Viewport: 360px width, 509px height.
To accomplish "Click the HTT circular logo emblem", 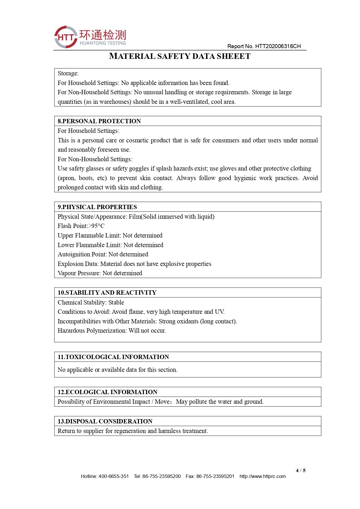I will click(x=66, y=37).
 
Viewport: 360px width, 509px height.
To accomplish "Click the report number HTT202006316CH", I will click(x=278, y=46).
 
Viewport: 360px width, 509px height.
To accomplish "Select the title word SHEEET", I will click(x=234, y=56).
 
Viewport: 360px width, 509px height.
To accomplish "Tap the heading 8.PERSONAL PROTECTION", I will click(x=99, y=121).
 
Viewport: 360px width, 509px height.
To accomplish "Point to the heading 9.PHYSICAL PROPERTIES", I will click(x=97, y=207).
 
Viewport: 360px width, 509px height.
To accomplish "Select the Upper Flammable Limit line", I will click(x=110, y=236).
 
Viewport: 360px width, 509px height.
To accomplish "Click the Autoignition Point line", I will click(x=103, y=254).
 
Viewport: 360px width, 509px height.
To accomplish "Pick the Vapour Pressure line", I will click(x=100, y=273).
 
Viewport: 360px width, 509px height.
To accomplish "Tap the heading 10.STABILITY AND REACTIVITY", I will click(x=107, y=293).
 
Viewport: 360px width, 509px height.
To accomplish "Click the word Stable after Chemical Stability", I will click(x=116, y=302).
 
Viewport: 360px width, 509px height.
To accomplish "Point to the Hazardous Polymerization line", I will click(x=112, y=331).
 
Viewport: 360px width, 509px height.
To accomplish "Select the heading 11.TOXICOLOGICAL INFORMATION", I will click(x=113, y=357).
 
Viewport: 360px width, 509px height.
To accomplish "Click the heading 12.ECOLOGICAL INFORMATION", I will click(x=107, y=392).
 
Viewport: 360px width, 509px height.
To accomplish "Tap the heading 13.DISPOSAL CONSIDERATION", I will click(x=105, y=421).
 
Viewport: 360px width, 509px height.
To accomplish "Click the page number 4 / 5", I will click(x=301, y=470).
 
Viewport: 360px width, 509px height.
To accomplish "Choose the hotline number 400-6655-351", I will click(x=114, y=476).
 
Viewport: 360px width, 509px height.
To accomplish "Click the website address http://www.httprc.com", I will click(x=263, y=476).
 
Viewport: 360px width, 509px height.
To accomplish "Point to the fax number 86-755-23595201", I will click(x=215, y=476).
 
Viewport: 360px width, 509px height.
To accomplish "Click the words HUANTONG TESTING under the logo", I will click(x=103, y=43).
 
